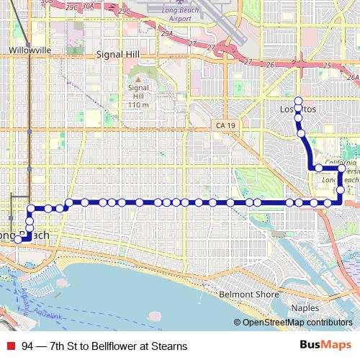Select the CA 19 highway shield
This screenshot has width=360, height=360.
pyautogui.click(x=225, y=125)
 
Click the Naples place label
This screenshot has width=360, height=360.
pyautogui.click(x=305, y=307)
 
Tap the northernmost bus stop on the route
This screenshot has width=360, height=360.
pyautogui.click(x=298, y=100)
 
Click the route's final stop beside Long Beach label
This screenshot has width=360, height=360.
pyautogui.click(x=17, y=240)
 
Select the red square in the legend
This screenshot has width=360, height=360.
pyautogui.click(x=10, y=346)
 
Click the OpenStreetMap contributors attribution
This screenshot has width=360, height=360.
pyautogui.click(x=297, y=323)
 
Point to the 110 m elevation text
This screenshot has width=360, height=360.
pyautogui.click(x=138, y=105)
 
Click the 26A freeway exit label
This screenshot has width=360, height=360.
pyautogui.click(x=352, y=76)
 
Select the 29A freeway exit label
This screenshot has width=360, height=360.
pyautogui.click(x=167, y=34)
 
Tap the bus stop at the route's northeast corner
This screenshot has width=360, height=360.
pyautogui.click(x=341, y=170)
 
